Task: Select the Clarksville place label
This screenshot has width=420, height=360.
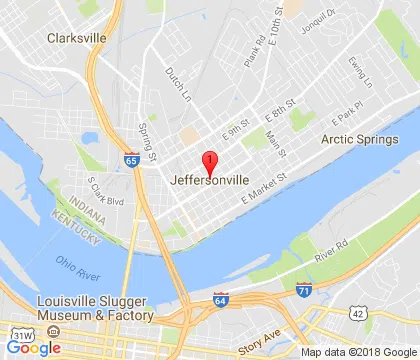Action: tap(76, 38)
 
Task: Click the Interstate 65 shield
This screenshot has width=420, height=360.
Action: tap(132, 159)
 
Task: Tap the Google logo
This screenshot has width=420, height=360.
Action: tap(33, 347)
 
